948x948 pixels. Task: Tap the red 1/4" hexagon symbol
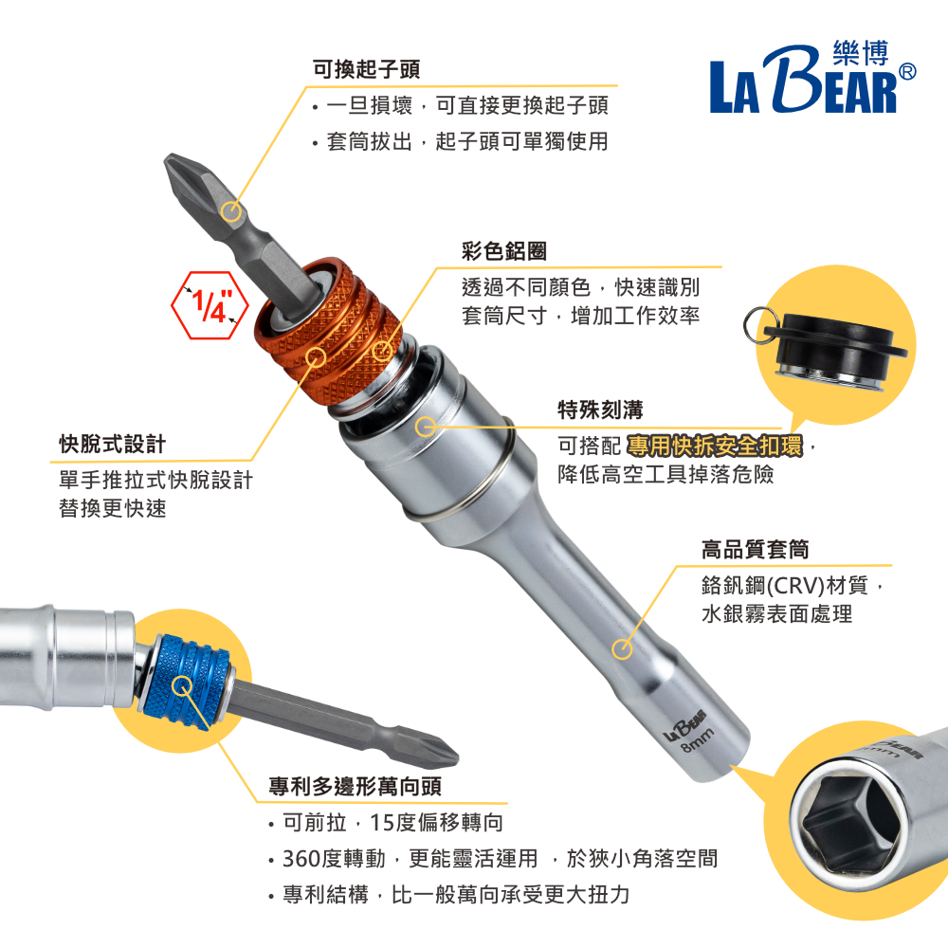pos(210,305)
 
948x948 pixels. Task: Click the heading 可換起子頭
pos(366,69)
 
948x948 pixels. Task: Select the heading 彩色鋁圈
pos(504,251)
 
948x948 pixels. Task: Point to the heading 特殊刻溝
pos(600,410)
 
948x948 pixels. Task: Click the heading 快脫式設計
pos(113,444)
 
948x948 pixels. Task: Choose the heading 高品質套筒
pos(756,550)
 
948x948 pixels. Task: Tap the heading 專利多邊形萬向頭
pos(355,787)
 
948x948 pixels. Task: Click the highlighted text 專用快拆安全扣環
pos(715,447)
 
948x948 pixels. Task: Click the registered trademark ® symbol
pos(907,72)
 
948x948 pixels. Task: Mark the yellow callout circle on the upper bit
pos(231,212)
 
